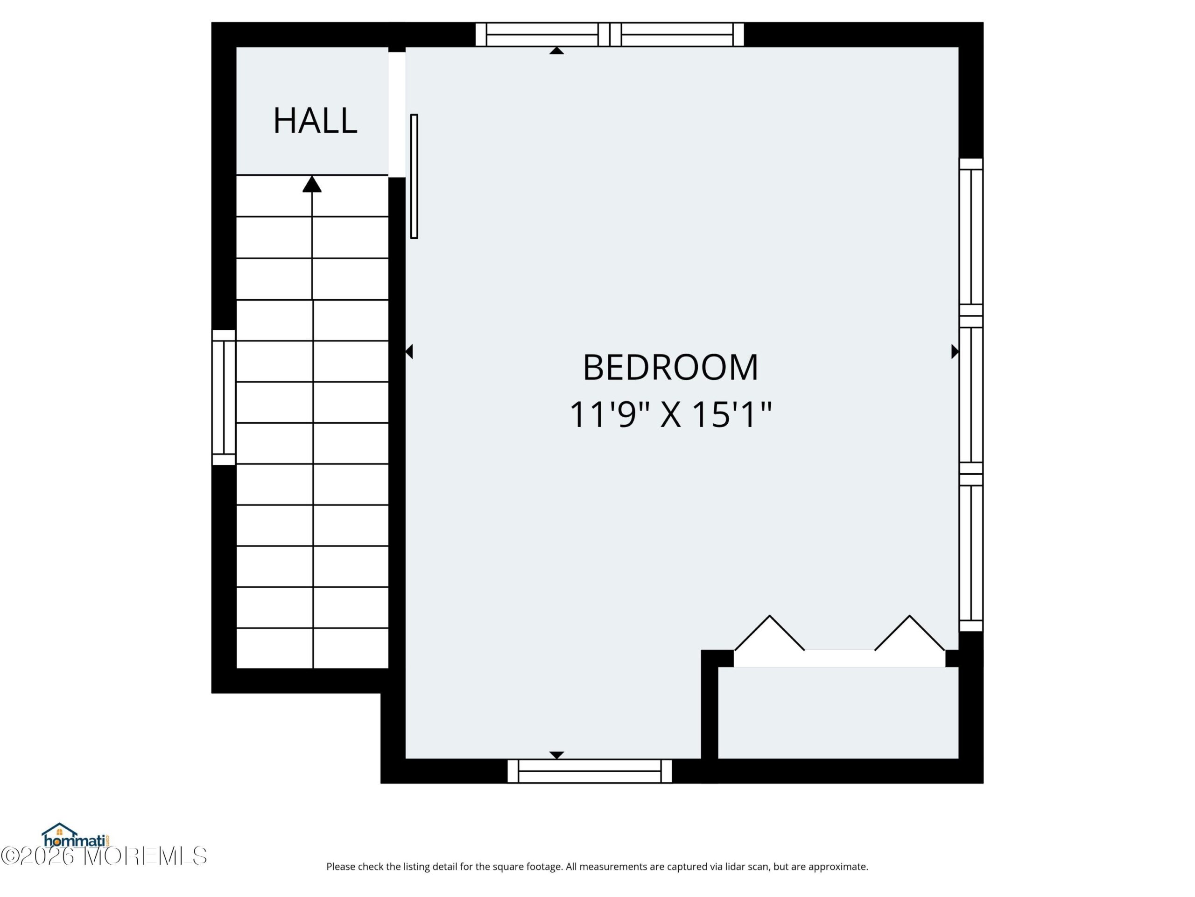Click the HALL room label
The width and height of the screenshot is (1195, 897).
point(315,120)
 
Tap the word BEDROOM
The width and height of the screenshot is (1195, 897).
point(670,368)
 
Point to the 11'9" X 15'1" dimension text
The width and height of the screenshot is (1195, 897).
point(670,415)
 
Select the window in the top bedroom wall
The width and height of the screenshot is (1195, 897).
point(609,35)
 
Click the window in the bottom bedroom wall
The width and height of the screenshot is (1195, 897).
point(590,771)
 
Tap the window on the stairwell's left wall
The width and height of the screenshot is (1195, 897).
point(224,398)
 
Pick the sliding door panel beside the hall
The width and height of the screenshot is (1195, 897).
point(415,176)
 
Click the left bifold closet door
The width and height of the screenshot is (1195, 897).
point(769,633)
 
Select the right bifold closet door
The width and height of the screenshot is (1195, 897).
point(910,633)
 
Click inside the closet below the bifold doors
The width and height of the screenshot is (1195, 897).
point(838,712)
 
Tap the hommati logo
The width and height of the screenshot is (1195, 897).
point(76,835)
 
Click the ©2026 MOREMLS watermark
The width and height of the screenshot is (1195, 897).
point(104,856)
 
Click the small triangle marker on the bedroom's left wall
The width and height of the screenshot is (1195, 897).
point(409,351)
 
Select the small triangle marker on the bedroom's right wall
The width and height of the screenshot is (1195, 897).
point(955,351)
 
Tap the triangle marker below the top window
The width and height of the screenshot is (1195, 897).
point(556,51)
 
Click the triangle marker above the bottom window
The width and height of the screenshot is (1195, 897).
point(556,755)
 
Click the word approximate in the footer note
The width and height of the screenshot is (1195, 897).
point(838,867)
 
